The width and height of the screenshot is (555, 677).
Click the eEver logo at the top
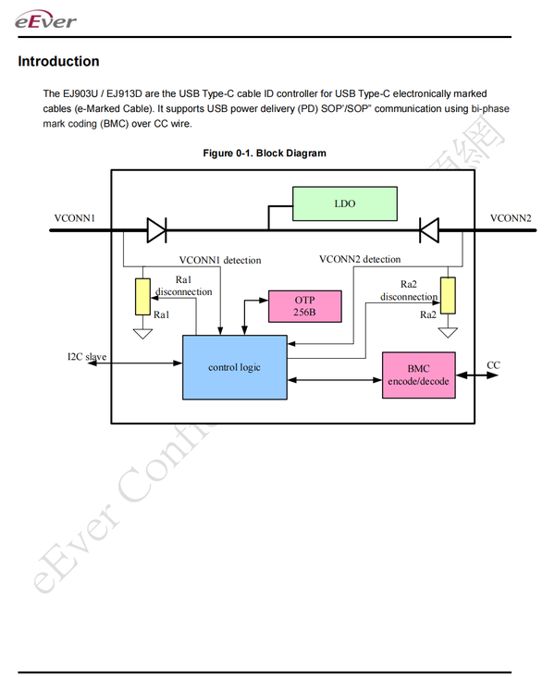click(46, 19)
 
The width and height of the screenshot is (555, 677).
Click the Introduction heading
click(58, 62)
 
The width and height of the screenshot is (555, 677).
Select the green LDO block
click(344, 203)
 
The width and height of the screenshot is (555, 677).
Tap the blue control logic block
click(234, 367)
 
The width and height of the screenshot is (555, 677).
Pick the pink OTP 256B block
click(304, 306)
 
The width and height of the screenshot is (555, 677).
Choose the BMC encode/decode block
click(419, 375)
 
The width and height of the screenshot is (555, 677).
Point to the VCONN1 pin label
click(76, 218)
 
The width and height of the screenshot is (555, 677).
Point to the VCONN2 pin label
click(511, 218)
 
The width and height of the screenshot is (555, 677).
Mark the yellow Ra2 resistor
click(448, 294)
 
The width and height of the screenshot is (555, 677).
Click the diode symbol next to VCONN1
click(156, 228)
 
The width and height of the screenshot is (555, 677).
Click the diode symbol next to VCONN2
click(428, 228)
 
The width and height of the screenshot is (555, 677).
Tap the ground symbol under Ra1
click(142, 332)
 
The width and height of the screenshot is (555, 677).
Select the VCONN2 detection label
click(360, 259)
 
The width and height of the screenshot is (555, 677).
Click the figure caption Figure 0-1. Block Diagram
click(265, 153)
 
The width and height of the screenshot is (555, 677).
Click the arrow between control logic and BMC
click(334, 380)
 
